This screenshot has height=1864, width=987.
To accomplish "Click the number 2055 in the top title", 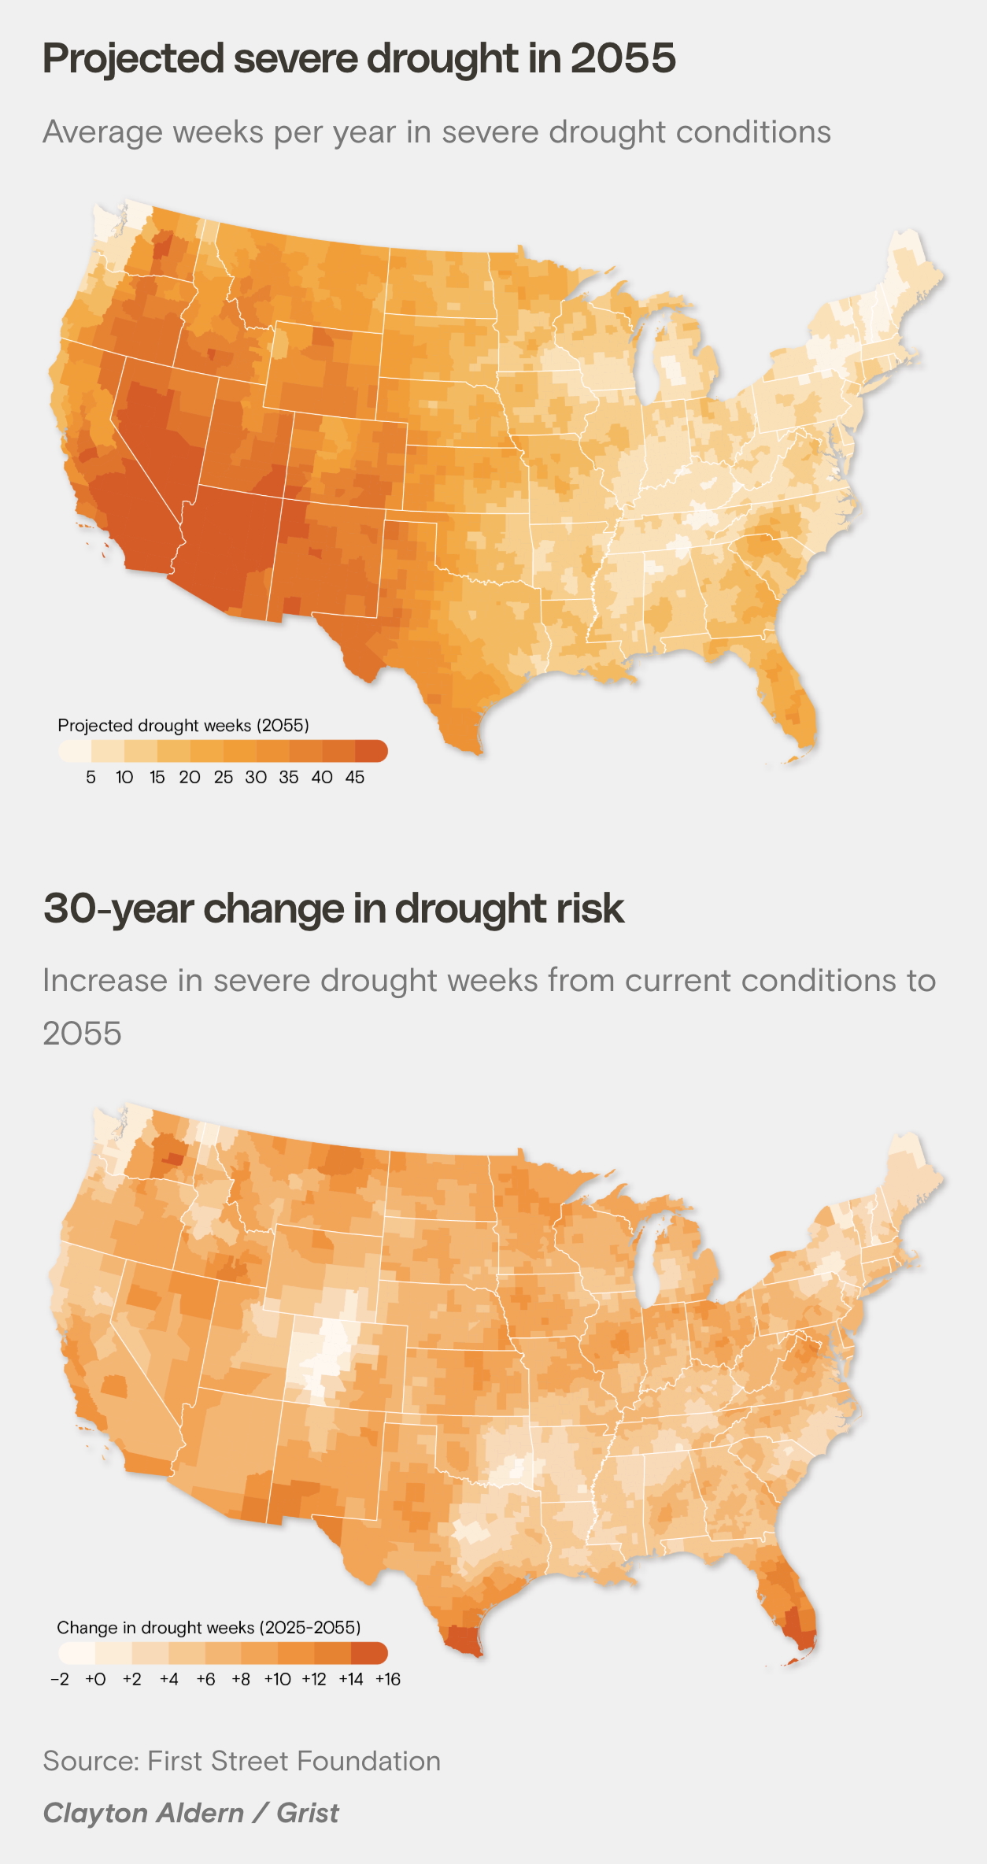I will click(623, 59).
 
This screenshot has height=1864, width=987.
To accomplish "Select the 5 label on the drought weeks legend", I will click(91, 778).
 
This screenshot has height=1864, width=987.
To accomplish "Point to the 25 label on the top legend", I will click(224, 778).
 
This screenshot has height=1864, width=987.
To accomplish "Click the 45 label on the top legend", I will click(355, 778).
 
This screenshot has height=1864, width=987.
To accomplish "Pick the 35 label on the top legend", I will click(289, 778).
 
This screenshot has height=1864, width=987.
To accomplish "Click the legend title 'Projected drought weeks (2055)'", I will click(183, 725).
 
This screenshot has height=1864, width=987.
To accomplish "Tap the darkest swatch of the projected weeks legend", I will click(371, 751).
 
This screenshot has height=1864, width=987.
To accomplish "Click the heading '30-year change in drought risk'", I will click(334, 908).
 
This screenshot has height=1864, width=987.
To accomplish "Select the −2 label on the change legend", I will click(60, 1679).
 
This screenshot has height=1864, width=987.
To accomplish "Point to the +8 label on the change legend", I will click(241, 1679).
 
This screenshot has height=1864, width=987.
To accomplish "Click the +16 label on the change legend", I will click(388, 1679).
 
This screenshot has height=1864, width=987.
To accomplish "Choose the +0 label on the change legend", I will click(95, 1679).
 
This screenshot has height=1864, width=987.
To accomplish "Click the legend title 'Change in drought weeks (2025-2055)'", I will click(209, 1627).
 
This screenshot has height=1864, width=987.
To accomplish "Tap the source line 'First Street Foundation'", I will click(294, 1761).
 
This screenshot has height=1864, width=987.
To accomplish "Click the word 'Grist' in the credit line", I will click(308, 1813).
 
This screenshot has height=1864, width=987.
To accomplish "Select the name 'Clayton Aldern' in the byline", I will click(143, 1813).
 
